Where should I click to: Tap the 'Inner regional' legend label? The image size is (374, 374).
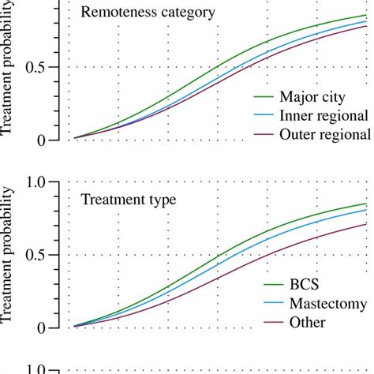[324, 116]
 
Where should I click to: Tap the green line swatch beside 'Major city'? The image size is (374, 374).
[264, 99]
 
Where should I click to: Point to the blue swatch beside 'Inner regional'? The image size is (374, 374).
[264, 117]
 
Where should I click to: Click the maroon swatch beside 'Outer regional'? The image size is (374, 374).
[264, 135]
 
